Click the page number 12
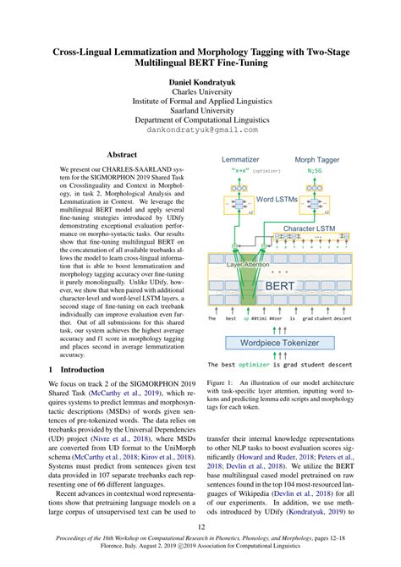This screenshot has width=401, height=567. (200, 527)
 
